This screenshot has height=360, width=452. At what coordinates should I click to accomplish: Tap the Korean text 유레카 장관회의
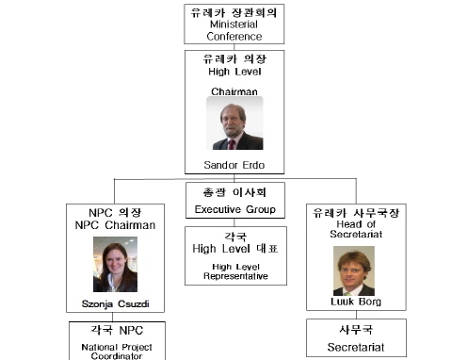coord(234,12)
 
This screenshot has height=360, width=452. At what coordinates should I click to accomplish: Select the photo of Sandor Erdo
coord(234,123)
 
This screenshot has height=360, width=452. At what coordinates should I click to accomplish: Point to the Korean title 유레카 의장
coord(234,58)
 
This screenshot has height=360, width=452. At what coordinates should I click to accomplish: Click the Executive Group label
coord(234,209)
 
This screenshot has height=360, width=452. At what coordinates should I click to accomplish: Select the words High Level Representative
coord(234,271)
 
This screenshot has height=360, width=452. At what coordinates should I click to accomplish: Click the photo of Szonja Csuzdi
coord(114,265)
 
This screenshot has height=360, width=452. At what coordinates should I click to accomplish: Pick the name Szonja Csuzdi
coord(114,305)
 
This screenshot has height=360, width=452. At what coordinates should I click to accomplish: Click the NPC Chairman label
coord(114,226)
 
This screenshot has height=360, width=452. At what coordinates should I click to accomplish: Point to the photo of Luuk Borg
coord(354,270)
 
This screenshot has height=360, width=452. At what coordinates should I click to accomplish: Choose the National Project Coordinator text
coord(114,351)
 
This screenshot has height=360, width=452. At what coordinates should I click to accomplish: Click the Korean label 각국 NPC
coord(114,331)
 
